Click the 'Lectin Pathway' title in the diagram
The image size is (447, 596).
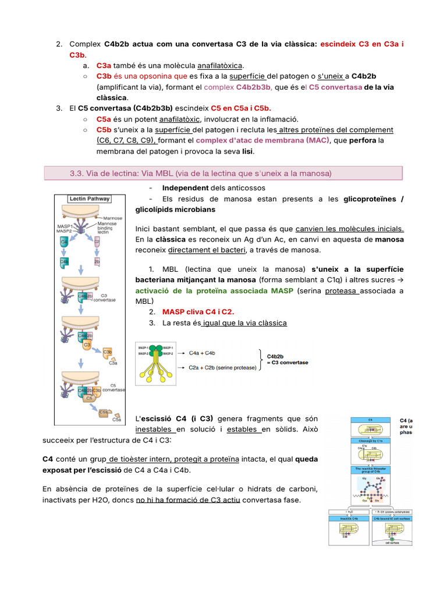point(89,198)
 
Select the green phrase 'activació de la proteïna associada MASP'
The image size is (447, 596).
point(215,290)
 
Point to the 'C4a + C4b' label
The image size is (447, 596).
point(203,353)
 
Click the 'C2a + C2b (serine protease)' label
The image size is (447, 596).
point(223,368)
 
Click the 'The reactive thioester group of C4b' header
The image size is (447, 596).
point(370,470)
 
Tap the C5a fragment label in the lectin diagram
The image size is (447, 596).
point(117,418)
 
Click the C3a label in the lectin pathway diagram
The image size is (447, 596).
point(112,363)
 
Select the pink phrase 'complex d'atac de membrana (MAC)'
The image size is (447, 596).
point(262,140)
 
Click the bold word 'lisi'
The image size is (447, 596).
point(247,151)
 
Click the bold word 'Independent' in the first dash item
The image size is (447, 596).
point(185,188)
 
